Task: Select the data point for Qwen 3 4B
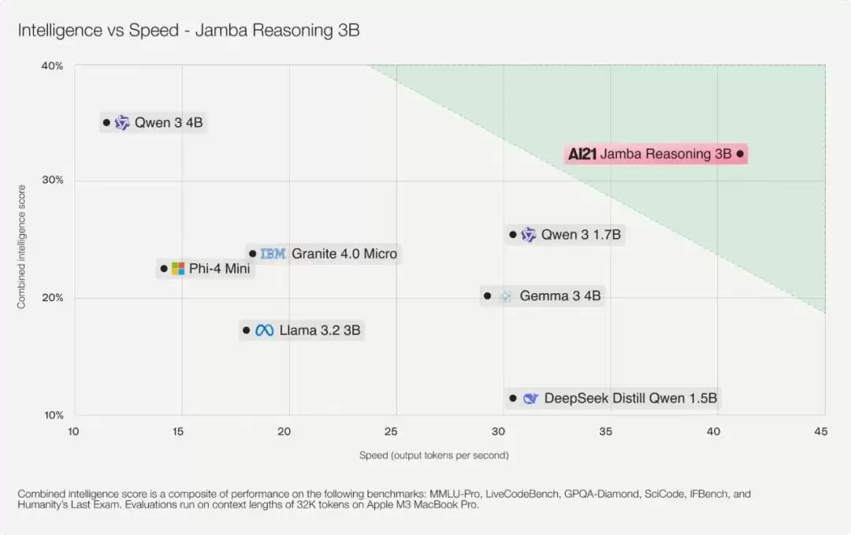pyautogui.click(x=106, y=122)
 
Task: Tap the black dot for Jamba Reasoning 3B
pyautogui.click(x=740, y=154)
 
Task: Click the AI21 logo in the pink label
pyautogui.click(x=582, y=154)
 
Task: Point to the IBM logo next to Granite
pyautogui.click(x=273, y=254)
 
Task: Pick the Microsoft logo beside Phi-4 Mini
pyautogui.click(x=178, y=269)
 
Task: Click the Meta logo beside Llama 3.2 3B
pyautogui.click(x=264, y=330)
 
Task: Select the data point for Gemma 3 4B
pyautogui.click(x=487, y=295)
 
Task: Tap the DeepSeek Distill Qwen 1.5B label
pyautogui.click(x=630, y=399)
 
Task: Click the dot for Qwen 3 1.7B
pyautogui.click(x=513, y=234)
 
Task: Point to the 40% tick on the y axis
pyautogui.click(x=52, y=66)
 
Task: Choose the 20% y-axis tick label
pyautogui.click(x=52, y=298)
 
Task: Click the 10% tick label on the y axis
pyautogui.click(x=52, y=415)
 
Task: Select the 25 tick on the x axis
pyautogui.click(x=392, y=431)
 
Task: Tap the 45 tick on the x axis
pyautogui.click(x=820, y=431)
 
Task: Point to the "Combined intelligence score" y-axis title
pyautogui.click(x=22, y=246)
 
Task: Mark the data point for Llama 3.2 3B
pyautogui.click(x=246, y=330)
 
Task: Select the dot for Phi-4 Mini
pyautogui.click(x=164, y=269)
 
